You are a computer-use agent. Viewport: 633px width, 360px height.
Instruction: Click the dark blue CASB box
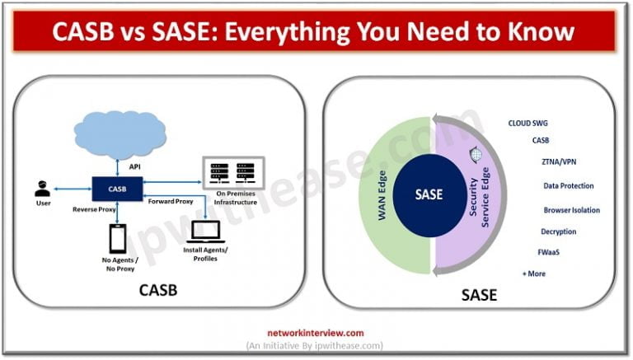coord(119,188)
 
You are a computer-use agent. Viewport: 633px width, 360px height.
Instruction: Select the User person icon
coord(42,188)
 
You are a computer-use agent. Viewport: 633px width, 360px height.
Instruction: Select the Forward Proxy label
coord(171,200)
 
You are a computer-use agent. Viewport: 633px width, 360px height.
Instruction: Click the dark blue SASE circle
coord(429,194)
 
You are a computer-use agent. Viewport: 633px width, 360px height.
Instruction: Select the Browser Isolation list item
coord(571,209)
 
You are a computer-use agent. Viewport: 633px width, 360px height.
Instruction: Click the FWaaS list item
coord(549,252)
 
